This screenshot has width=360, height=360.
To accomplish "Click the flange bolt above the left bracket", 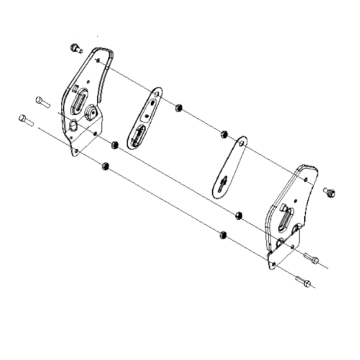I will tap(75, 48).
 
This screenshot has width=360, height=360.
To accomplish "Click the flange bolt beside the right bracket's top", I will tap(330, 192).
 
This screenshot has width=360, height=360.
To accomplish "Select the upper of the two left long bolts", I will tap(42, 102).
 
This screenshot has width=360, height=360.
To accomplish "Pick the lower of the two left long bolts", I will tap(26, 120).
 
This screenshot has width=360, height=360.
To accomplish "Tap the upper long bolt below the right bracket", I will tap(311, 259).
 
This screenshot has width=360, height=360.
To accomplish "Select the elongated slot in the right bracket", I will tap(286, 215).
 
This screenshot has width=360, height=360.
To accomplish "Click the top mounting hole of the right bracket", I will tap(305, 180).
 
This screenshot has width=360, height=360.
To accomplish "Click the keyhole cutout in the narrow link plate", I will tap(223, 183).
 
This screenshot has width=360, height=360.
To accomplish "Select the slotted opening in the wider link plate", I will tap(138, 135).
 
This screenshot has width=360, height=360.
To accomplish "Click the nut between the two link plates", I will tap(179, 107).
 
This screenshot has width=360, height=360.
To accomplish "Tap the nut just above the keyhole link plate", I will tap(223, 134).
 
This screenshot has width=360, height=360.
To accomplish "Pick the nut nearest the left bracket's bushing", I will tap(114, 145).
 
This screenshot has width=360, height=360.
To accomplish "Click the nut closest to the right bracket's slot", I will tap(238, 215).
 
